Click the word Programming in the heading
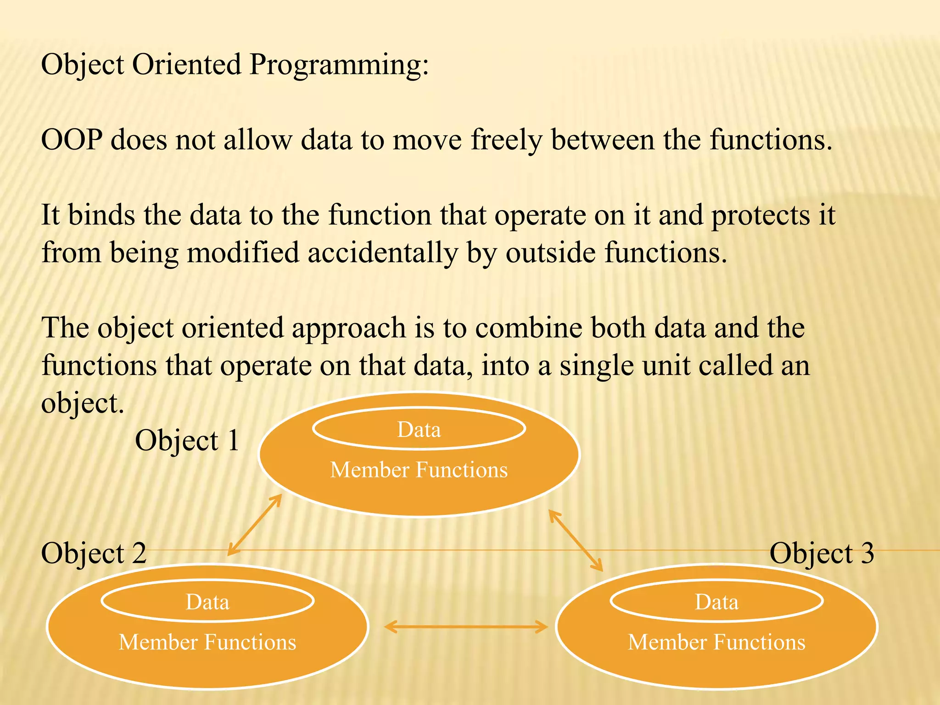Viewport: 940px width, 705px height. click(339, 65)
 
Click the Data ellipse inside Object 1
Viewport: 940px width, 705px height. click(419, 429)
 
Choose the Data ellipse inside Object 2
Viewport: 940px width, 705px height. click(207, 601)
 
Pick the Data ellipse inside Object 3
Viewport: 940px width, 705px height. click(716, 601)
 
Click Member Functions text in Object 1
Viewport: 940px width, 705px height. click(419, 470)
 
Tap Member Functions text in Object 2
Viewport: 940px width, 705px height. click(207, 642)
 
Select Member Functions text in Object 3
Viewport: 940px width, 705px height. click(716, 642)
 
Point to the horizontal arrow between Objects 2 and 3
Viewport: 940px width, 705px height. click(466, 627)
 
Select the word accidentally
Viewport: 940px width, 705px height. click(382, 253)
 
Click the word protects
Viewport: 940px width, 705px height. click(761, 215)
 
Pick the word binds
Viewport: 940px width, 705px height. click(101, 215)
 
